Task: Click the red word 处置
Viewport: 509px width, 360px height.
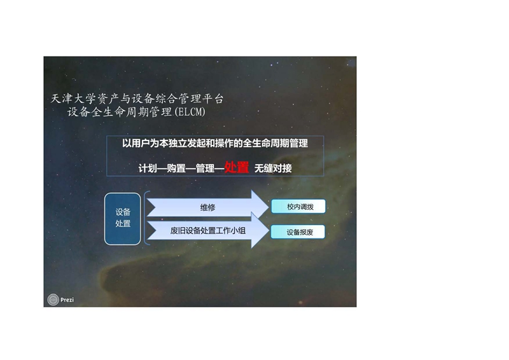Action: tap(237, 167)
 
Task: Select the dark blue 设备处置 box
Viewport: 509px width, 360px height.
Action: tap(123, 219)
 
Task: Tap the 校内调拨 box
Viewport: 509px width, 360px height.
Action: tap(298, 207)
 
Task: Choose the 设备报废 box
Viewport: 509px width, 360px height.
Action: tap(298, 232)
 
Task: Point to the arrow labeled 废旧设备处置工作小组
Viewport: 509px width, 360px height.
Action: tap(208, 230)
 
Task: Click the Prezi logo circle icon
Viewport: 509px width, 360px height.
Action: tap(53, 300)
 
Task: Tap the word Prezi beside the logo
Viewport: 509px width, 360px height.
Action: tap(67, 300)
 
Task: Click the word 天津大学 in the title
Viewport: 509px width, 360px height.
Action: tap(73, 99)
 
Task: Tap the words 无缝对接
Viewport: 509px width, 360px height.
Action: tap(273, 168)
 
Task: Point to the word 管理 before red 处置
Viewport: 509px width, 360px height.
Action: tap(205, 168)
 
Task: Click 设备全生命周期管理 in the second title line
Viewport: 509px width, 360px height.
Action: tap(120, 112)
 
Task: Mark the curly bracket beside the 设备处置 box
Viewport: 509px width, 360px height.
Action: tap(147, 218)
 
